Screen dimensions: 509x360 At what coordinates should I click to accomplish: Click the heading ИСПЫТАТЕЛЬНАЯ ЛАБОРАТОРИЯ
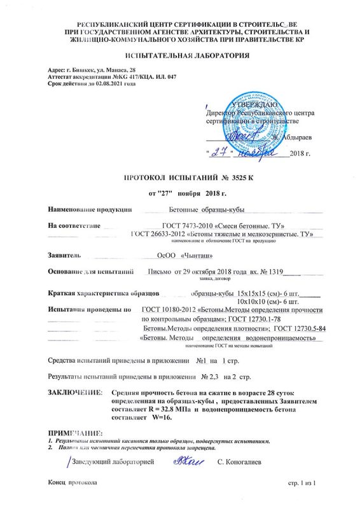click(x=180, y=56)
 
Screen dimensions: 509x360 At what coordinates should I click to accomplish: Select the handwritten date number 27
click(x=219, y=153)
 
